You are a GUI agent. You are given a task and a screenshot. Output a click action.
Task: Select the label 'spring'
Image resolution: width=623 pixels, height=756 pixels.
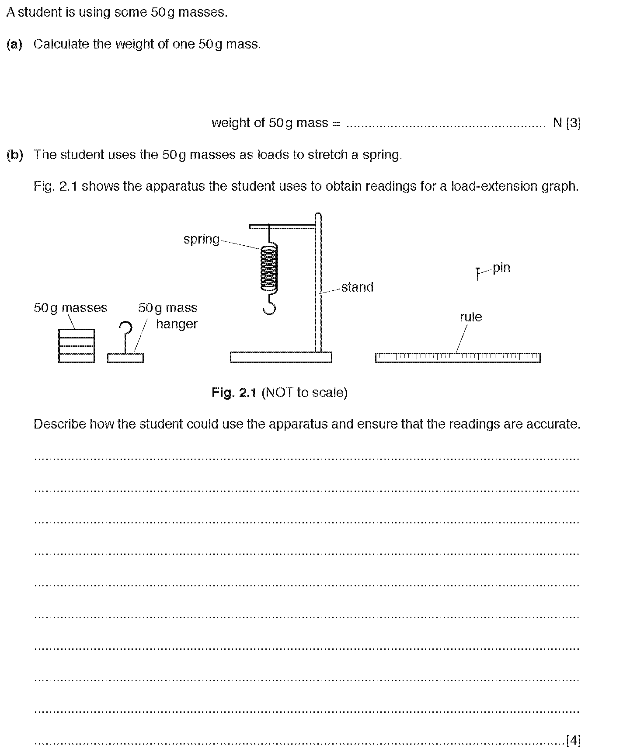click(x=201, y=239)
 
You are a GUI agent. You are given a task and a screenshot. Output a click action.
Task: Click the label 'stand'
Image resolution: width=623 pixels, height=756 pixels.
click(x=357, y=287)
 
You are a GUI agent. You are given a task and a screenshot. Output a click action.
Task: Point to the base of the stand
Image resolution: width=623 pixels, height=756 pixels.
click(x=281, y=357)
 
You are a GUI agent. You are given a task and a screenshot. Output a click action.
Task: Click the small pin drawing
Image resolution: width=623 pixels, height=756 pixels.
click(x=478, y=274)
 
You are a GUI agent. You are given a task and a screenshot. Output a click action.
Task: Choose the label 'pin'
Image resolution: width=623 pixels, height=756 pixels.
click(x=501, y=268)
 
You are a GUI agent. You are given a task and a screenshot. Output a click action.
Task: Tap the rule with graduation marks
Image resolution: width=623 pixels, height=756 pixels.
click(x=458, y=358)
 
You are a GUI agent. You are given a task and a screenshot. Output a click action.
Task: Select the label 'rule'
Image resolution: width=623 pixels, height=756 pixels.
click(x=471, y=317)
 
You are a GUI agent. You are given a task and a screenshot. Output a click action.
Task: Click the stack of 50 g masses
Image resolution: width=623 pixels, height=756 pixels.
click(x=77, y=346)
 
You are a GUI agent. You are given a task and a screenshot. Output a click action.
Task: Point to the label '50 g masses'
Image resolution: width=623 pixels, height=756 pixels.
click(x=70, y=308)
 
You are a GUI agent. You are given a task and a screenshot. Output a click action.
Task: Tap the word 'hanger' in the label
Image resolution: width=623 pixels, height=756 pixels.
click(x=177, y=324)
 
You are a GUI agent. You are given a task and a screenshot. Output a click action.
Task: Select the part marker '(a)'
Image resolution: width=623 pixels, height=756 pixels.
click(x=14, y=44)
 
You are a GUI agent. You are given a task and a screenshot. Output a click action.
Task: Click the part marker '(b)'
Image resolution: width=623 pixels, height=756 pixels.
click(x=14, y=155)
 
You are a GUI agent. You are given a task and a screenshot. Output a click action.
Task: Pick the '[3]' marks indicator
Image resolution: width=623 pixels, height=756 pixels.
click(x=573, y=123)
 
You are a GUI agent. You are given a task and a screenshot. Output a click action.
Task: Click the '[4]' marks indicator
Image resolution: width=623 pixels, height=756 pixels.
click(x=573, y=740)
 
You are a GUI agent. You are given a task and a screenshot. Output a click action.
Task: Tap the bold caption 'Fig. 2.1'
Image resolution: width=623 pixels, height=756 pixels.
click(x=234, y=393)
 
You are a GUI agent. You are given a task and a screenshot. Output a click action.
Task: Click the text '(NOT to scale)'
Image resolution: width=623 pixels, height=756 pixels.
click(x=304, y=393)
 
